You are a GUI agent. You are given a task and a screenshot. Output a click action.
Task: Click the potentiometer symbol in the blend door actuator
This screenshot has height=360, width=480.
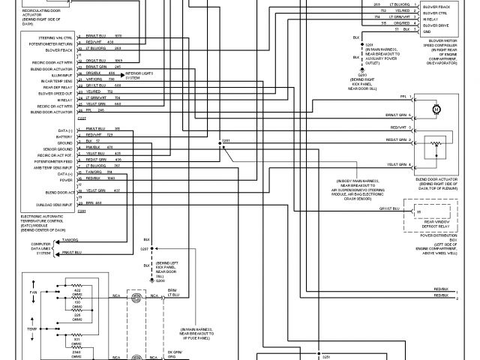click(437, 144)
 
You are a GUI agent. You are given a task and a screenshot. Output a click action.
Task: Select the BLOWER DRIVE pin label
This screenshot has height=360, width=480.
click(436, 25)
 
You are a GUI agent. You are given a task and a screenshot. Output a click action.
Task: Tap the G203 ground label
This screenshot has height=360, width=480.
click(362, 75)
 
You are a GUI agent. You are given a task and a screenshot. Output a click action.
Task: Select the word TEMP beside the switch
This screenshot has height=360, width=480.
click(33, 330)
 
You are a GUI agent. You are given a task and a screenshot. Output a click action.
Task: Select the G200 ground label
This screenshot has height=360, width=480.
click(160, 280)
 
